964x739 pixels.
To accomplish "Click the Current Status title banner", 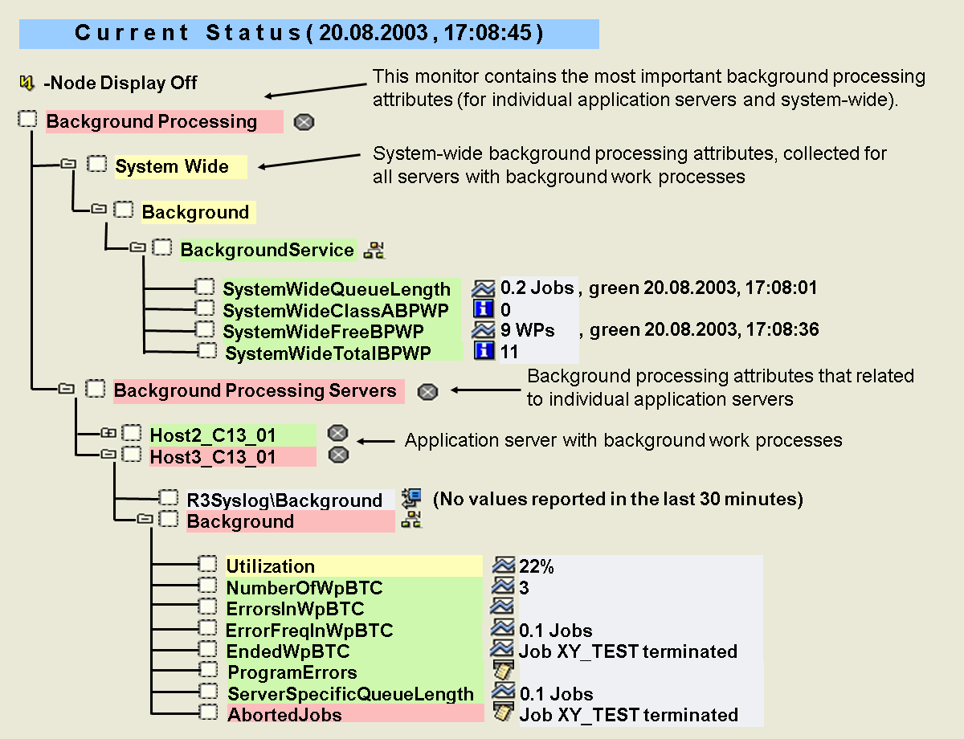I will (309, 34).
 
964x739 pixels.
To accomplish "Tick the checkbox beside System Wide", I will (96, 165).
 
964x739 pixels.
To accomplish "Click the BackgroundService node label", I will (267, 250).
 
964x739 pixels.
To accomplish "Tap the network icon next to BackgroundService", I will (374, 250).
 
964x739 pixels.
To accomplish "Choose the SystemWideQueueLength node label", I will (337, 288).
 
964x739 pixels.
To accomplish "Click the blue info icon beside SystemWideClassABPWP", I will (484, 309).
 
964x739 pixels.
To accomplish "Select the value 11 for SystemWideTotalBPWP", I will (509, 351).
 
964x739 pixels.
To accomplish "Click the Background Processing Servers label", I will (255, 391).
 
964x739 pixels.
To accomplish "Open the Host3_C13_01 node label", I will (213, 457).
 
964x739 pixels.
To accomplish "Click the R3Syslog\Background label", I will (284, 500).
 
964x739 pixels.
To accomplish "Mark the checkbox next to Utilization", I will (208, 565).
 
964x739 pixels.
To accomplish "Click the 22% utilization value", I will (537, 567).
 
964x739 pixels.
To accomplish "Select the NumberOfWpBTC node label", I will (304, 588).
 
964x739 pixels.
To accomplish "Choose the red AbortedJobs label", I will (284, 714).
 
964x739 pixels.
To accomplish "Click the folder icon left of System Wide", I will (69, 165).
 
